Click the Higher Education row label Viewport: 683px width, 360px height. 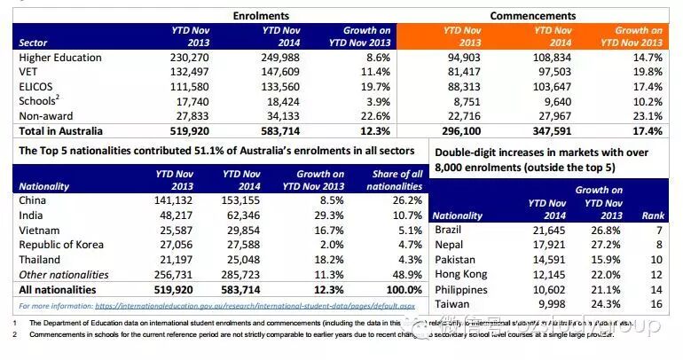[x=60, y=58]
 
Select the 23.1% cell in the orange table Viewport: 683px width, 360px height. [x=645, y=116]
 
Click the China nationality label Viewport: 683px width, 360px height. [x=35, y=200]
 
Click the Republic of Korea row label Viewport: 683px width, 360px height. [x=67, y=245]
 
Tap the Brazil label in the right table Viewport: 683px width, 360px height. [x=450, y=231]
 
